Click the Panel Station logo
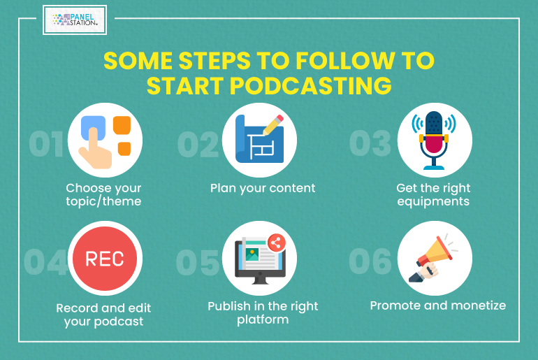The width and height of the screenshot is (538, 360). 75,20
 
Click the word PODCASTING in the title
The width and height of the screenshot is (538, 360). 310,85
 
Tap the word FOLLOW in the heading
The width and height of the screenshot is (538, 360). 345,61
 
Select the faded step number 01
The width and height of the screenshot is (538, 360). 46,144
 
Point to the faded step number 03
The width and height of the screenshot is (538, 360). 370,143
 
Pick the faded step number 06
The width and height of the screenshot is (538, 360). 370,261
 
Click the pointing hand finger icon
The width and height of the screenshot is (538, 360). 96,147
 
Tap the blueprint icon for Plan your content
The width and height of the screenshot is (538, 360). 259,139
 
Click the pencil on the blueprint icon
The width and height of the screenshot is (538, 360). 273,125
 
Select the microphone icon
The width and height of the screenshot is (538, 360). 434,141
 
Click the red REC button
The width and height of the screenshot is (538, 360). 105,259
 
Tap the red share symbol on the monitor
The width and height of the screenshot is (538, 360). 276,243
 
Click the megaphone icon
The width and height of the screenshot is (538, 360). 433,259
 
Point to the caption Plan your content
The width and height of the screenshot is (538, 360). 263,188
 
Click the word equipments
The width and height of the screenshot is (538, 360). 433,201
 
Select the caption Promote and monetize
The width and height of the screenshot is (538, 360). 438,305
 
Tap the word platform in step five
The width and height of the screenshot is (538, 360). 263,320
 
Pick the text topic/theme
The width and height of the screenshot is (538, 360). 103,201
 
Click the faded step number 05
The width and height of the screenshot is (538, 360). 198,263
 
